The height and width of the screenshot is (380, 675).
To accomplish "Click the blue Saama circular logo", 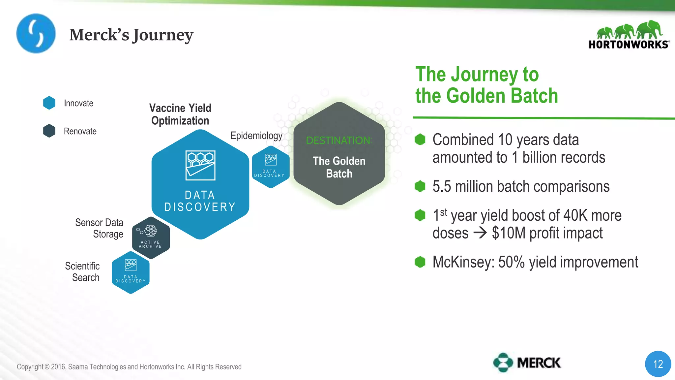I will tap(36, 33).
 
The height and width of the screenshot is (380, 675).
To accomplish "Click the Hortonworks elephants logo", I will tap(629, 34).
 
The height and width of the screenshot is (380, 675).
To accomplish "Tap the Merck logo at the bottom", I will tap(527, 363).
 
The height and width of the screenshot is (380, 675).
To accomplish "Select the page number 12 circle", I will tap(658, 364).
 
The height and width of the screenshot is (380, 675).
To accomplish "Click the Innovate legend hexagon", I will tap(49, 103).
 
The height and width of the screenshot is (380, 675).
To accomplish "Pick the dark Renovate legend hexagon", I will tap(49, 131).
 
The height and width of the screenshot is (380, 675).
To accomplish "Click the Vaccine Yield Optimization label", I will tap(180, 114).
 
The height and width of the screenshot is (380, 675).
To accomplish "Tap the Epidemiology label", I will tap(256, 136).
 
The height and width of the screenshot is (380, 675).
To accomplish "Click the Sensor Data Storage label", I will tap(99, 228).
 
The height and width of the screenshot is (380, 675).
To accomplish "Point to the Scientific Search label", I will tap(82, 271).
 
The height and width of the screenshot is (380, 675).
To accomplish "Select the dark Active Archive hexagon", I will tap(151, 237).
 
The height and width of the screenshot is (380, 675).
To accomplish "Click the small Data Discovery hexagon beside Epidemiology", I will tap(271, 167).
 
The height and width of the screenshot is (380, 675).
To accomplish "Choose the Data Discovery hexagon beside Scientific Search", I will tap(131, 272).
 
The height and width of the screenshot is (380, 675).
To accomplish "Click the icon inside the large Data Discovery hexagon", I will tap(200, 165).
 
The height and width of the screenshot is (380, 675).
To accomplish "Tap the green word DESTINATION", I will tap(339, 141).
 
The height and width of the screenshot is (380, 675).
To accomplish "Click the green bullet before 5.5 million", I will tap(420, 186).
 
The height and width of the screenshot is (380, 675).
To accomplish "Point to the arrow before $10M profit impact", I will tap(480, 233).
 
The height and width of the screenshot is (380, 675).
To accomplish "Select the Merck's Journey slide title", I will tap(131, 35).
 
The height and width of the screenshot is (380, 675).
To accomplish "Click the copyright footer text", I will tap(129, 367).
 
